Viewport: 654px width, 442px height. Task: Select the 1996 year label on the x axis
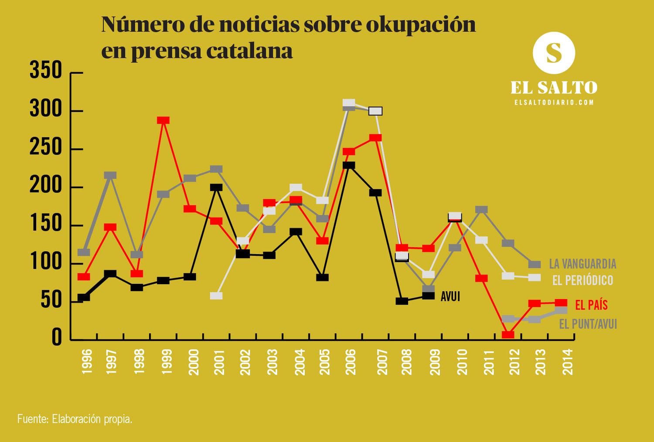87,361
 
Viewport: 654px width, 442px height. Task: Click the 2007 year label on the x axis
382,361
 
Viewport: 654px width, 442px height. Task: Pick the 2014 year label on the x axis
568,361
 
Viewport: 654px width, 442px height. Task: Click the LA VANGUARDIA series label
582,264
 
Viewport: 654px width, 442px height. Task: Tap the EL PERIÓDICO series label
582,280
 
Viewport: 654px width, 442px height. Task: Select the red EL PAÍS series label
591,305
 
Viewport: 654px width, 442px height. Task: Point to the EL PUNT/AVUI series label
588,324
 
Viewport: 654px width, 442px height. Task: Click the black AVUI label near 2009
450,296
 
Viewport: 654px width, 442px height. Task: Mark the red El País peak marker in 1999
163,120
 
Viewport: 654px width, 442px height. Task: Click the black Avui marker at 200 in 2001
216,187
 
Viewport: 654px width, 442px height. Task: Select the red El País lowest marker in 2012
508,334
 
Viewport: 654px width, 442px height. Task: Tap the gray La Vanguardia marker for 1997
110,175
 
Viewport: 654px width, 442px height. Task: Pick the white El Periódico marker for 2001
216,296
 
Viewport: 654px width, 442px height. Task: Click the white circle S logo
554,53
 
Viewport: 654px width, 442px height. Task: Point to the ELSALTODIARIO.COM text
554,102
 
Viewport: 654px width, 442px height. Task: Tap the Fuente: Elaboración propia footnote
75,419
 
